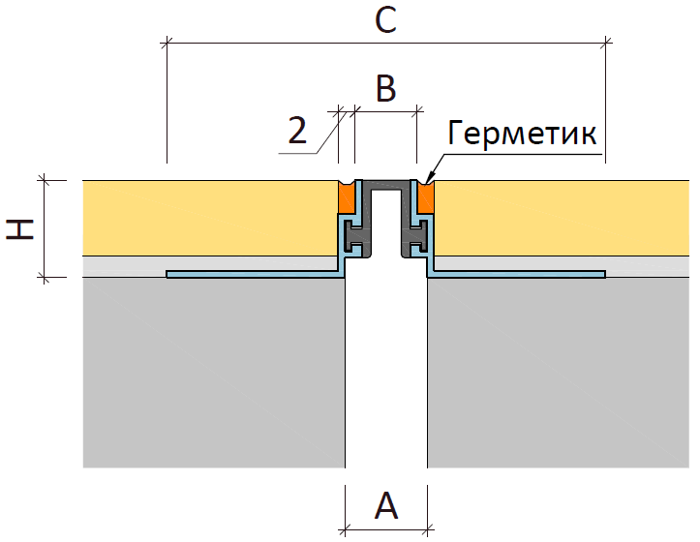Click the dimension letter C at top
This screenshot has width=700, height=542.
coord(385,21)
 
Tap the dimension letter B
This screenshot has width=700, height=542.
coord(386,87)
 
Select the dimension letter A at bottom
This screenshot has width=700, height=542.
coord(386,505)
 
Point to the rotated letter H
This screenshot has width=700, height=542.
coord(20,229)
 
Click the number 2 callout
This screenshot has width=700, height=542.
coord(298,130)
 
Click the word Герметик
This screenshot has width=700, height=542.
coord(522,133)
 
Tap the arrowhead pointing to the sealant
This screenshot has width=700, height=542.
coord(429,180)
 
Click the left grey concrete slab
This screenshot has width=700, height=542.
coord(214,373)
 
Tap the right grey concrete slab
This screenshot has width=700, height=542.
coord(559,373)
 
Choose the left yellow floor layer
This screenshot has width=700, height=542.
coord(210,219)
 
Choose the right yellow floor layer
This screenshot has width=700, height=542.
coord(562,219)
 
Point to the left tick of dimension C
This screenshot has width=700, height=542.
coord(167,44)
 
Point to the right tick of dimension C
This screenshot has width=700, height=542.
coord(606,44)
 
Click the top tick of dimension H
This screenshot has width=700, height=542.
coord(44,180)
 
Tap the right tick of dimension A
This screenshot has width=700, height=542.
coord(428,530)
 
